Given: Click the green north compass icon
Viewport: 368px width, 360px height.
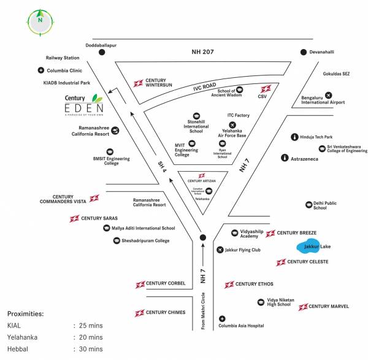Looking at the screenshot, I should coord(40,20).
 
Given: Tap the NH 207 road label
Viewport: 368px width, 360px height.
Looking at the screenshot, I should coord(202,53).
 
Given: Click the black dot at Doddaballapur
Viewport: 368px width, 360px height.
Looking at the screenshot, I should coord(102,53).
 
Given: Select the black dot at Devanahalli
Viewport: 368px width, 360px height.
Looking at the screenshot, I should coord(303,53).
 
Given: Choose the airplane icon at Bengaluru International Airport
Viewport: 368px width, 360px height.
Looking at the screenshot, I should coord(328,95).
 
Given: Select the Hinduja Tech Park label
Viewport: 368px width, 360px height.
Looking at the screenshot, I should coord(316,137).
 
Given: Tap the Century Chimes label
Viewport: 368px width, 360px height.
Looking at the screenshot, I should coord(165,313).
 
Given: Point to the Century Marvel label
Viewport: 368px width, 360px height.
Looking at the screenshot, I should coord(329,306).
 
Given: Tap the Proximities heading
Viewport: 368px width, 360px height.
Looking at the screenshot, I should coord(25,313).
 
